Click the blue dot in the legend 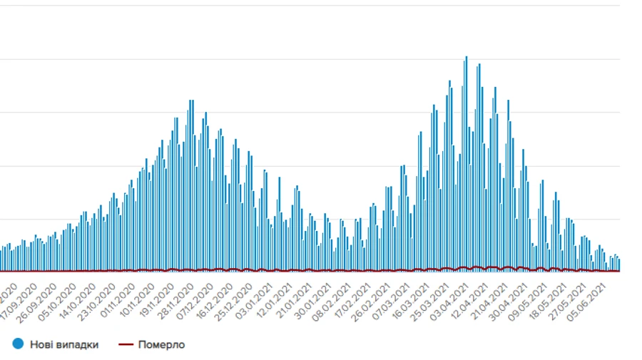click(x=19, y=344)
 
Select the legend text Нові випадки click(x=64, y=344)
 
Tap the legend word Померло click(x=162, y=344)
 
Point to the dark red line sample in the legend click(x=127, y=344)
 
